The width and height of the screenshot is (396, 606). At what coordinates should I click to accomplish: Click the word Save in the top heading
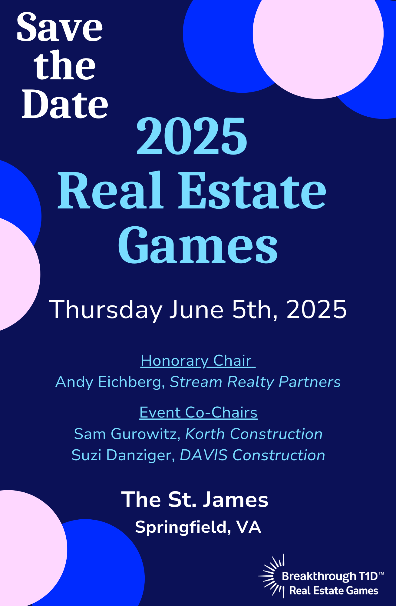coord(60,27)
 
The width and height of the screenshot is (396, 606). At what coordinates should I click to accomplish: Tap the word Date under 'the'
coord(65,104)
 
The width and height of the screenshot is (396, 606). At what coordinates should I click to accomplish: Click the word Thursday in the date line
coord(106,310)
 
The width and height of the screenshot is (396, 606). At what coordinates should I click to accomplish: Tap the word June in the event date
coord(196,309)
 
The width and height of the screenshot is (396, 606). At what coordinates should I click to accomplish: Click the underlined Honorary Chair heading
coord(198,361)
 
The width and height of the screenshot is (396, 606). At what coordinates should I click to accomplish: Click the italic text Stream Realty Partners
coord(255,382)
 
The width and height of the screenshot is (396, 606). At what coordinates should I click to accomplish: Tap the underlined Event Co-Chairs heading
coord(198,412)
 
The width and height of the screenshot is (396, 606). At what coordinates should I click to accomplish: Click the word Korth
coord(205,434)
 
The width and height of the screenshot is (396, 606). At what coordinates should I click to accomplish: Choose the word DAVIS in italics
coord(204,455)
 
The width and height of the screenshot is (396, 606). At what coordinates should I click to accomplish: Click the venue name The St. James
coord(195,499)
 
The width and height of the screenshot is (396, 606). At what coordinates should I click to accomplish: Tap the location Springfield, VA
coord(198,527)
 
